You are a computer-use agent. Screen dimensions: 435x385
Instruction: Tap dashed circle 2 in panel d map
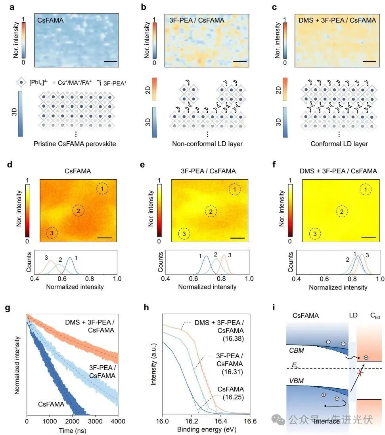79,211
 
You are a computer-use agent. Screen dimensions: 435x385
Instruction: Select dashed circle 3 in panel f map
315,234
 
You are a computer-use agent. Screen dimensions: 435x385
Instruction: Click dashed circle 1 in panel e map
235,190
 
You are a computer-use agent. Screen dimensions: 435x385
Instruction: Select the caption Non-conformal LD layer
207,144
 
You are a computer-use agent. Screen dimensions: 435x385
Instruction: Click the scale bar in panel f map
368,237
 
